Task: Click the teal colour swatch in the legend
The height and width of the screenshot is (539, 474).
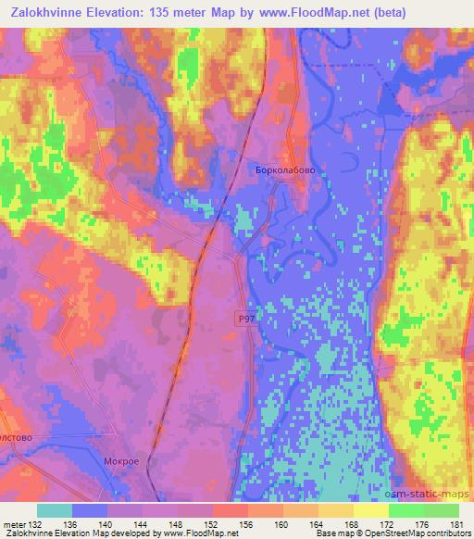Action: coord(55,510)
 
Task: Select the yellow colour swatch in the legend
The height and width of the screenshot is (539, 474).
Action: coord(370,510)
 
